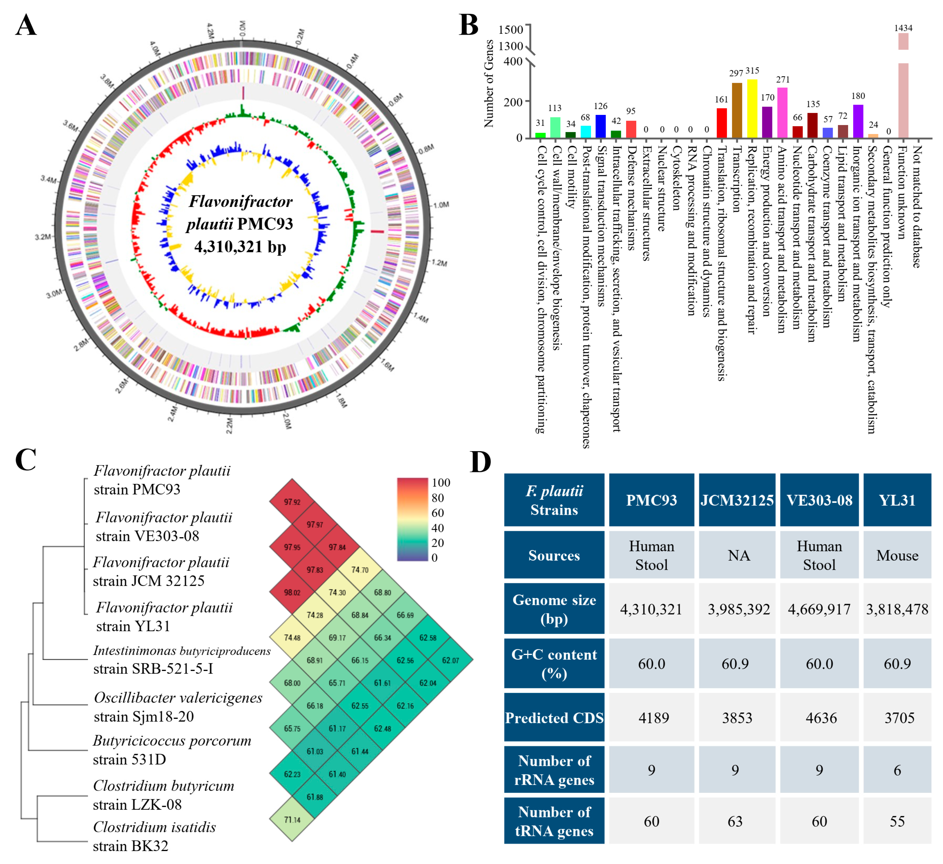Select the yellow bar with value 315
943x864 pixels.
tap(752, 109)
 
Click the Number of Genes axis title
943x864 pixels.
tap(489, 83)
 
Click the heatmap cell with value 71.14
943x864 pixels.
tap(292, 820)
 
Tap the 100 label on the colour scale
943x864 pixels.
tap(441, 482)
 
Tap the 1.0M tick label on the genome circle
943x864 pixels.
tap(441, 205)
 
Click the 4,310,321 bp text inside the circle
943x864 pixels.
tap(240, 247)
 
